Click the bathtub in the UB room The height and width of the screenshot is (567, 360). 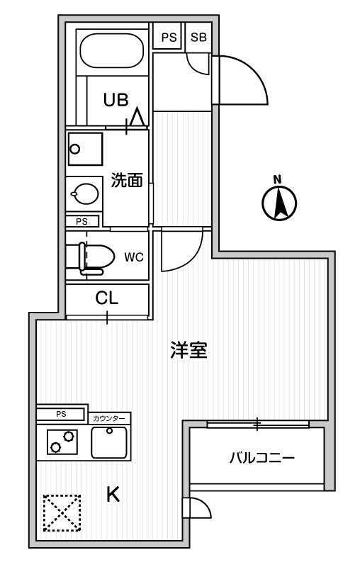point(112,50)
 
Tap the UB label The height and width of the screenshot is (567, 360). point(116,99)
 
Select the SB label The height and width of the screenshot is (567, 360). point(198,37)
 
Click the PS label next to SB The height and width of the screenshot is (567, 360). point(169,37)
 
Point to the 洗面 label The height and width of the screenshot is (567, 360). point(127,180)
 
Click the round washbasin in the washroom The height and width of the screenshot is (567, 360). point(85,193)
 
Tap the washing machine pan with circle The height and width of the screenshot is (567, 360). point(85,149)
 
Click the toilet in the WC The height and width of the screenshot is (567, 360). point(96,257)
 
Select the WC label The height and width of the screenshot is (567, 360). point(134,257)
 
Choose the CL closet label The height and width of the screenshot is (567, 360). point(106,298)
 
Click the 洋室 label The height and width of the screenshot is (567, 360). point(189,349)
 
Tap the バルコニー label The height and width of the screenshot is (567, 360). point(262,458)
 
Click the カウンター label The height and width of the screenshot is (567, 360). point(109,419)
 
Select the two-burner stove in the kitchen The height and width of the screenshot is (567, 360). point(62,442)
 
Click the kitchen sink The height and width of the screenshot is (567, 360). point(109,442)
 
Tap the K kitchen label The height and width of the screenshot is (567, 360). point(113,494)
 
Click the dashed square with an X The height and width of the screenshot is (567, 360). point(62,512)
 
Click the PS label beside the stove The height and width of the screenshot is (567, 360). point(61,414)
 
